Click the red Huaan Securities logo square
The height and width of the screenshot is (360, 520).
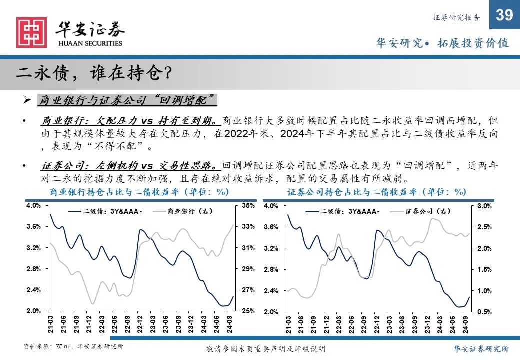(x=31, y=33)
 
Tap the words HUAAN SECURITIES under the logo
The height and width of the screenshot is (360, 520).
(x=90, y=43)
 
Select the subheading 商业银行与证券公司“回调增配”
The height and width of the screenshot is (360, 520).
(x=127, y=99)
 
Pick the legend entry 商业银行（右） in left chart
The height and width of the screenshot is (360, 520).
(x=190, y=211)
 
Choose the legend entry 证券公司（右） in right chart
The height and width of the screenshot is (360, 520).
(x=427, y=211)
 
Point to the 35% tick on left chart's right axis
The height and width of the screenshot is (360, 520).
(x=249, y=205)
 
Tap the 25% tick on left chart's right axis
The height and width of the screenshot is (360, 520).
(x=249, y=311)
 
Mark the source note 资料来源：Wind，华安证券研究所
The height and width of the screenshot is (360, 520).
(x=74, y=346)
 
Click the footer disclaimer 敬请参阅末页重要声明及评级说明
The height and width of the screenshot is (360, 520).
(x=266, y=349)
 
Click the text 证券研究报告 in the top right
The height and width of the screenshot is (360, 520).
(x=456, y=18)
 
